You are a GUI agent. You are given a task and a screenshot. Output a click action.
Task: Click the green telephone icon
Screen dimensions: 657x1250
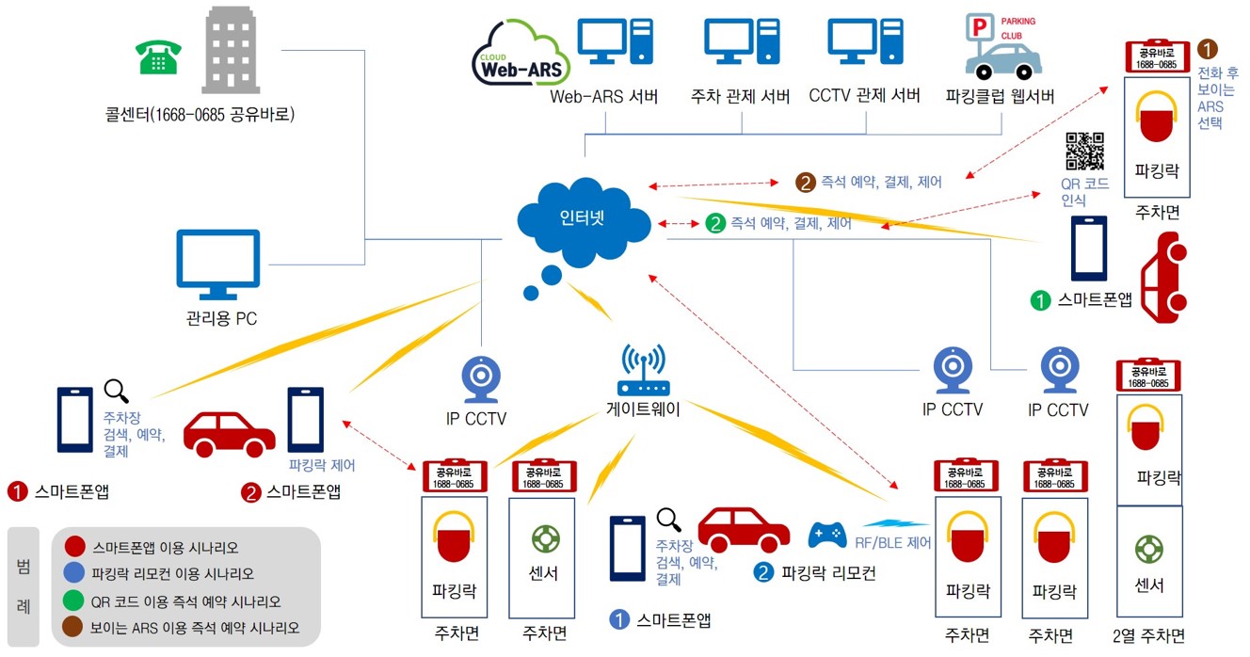(156, 57)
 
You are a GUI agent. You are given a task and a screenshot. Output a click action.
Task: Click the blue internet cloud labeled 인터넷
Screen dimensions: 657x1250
(584, 223)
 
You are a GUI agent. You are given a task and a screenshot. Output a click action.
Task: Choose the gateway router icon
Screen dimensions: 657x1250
(642, 371)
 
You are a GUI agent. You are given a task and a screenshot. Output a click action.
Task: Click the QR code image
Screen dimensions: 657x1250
(1084, 152)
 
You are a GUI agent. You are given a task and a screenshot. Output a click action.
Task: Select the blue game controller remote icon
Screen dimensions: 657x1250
(827, 536)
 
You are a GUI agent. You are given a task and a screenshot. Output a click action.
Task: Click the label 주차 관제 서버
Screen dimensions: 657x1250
(741, 96)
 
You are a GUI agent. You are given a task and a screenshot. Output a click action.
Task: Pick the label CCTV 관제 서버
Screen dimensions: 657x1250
(864, 96)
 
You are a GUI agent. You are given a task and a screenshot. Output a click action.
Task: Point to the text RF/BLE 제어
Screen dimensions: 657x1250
(893, 542)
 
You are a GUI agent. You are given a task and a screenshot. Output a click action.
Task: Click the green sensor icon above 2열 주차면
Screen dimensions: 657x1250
(1148, 549)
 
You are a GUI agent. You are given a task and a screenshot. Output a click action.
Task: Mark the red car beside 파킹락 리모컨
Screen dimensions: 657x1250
(744, 530)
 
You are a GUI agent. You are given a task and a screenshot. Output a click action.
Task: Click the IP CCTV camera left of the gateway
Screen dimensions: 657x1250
(481, 376)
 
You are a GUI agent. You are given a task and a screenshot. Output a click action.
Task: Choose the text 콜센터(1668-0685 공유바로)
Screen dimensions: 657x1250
(200, 116)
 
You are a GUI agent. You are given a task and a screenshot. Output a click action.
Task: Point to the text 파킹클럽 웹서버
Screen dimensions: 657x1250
(1001, 96)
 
